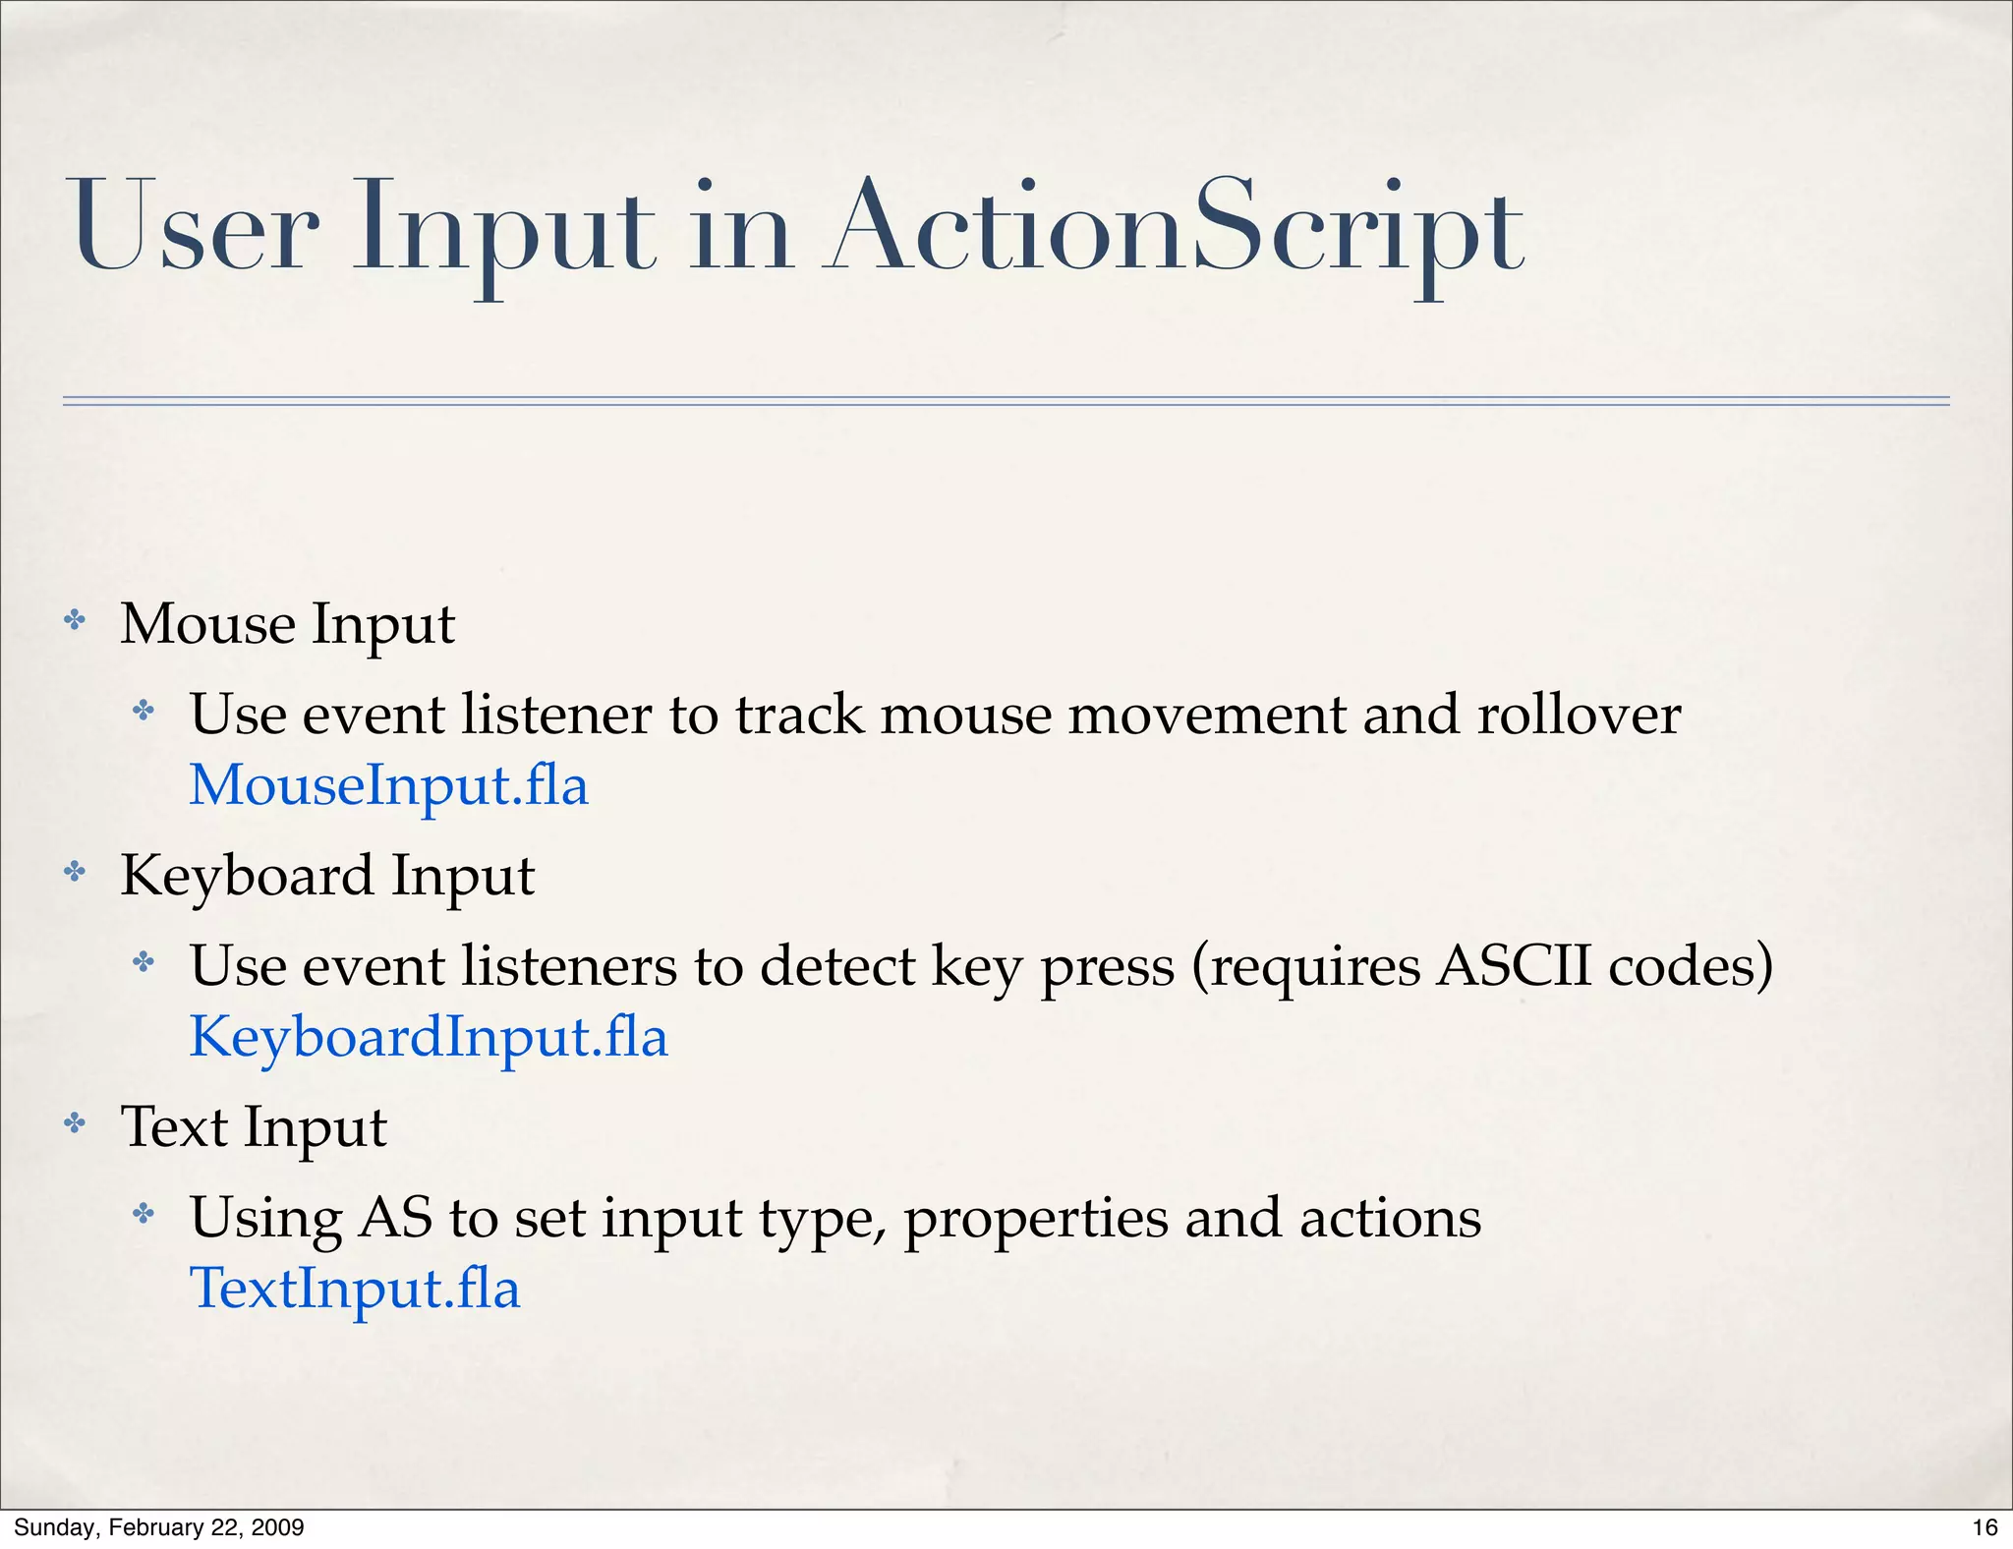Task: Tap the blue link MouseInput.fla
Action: (388, 786)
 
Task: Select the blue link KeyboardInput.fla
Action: (429, 1038)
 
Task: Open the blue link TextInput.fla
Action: (354, 1290)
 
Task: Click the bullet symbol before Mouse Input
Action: (75, 620)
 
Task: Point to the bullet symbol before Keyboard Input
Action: (75, 872)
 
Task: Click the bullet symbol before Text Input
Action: (75, 1123)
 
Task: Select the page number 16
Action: (1984, 1527)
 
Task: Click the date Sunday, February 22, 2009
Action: (158, 1527)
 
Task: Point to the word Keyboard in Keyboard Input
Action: (247, 876)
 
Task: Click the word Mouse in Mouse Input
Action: (207, 624)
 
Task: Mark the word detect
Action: (837, 966)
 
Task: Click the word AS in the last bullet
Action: (396, 1218)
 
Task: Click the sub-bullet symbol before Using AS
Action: (144, 1214)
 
